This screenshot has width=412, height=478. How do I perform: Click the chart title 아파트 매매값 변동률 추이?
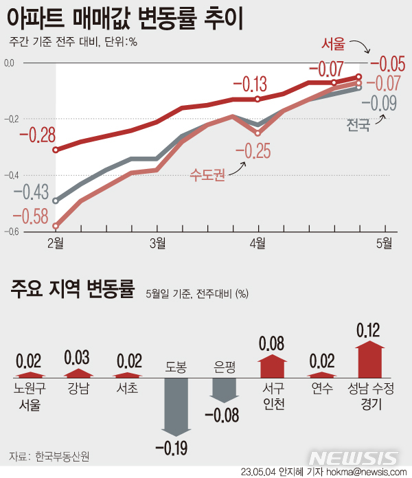pos(124,17)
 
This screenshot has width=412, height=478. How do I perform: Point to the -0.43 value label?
pos(34,190)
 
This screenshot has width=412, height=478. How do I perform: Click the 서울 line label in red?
pos(334,44)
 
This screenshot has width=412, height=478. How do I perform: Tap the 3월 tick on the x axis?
pos(157,242)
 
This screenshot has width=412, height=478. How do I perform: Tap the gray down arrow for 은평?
pos(225,390)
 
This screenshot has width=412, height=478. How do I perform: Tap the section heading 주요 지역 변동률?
pos(72,288)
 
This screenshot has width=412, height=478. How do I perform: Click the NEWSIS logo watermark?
pos(354,457)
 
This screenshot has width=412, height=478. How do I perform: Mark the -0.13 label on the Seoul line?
pos(250,85)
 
